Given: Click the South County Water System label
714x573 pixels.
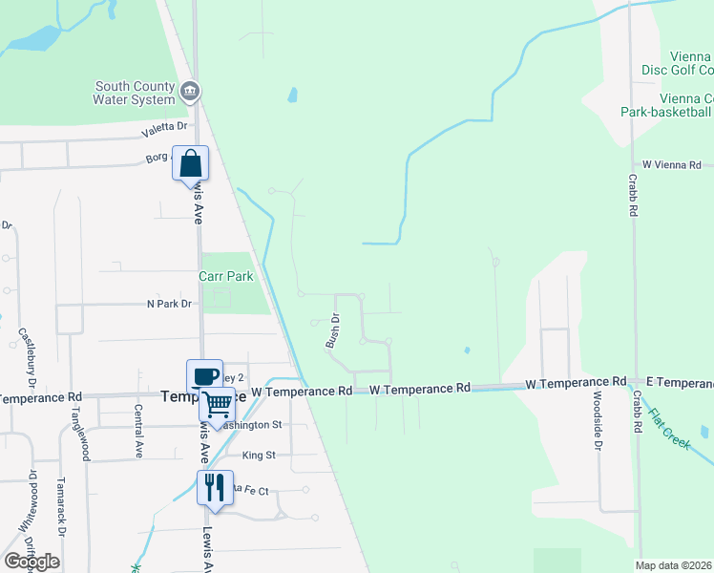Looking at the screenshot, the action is pos(135,93).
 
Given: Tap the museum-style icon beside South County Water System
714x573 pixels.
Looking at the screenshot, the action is pos(190,91).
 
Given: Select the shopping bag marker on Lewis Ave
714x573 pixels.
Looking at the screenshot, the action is pos(190,163).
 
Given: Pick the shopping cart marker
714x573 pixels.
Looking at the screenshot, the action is pos(217,405).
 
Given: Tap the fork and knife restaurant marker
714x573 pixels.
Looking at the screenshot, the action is pos(214,487).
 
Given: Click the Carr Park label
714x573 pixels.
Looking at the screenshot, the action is pos(225,276).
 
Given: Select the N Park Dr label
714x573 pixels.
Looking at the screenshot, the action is pos(169,304).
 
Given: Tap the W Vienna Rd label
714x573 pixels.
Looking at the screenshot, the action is pos(672,165).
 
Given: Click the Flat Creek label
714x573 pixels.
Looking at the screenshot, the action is pos(669,429).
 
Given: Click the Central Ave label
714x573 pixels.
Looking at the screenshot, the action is pos(138,431).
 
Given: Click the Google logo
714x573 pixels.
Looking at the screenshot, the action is pos(31,562).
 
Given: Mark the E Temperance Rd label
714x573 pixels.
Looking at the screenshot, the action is pos(679,382).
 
